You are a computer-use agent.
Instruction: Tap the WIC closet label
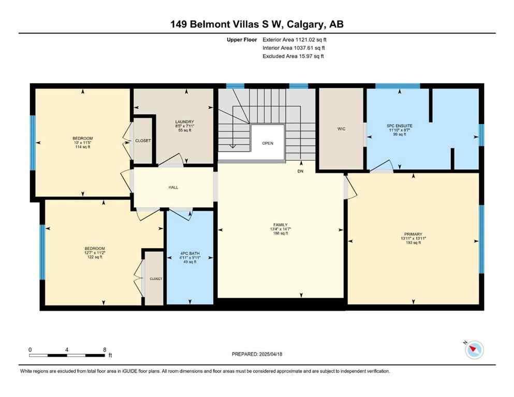341,129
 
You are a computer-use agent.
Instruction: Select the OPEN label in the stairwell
267,143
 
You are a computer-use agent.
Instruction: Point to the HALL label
173,187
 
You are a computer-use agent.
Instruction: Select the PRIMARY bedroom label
413,234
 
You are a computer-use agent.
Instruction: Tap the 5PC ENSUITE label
400,126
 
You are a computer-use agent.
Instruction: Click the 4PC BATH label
190,254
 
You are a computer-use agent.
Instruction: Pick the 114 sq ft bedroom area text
82,147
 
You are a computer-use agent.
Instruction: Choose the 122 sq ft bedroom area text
94,257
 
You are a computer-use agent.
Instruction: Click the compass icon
474,350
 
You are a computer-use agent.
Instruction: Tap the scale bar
67,355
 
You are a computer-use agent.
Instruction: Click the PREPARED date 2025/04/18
257,354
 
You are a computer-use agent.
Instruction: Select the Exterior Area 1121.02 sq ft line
295,39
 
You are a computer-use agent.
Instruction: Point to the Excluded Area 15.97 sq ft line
293,56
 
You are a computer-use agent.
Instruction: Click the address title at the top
257,24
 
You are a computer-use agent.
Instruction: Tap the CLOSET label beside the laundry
143,141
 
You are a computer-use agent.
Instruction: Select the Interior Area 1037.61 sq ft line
295,48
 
